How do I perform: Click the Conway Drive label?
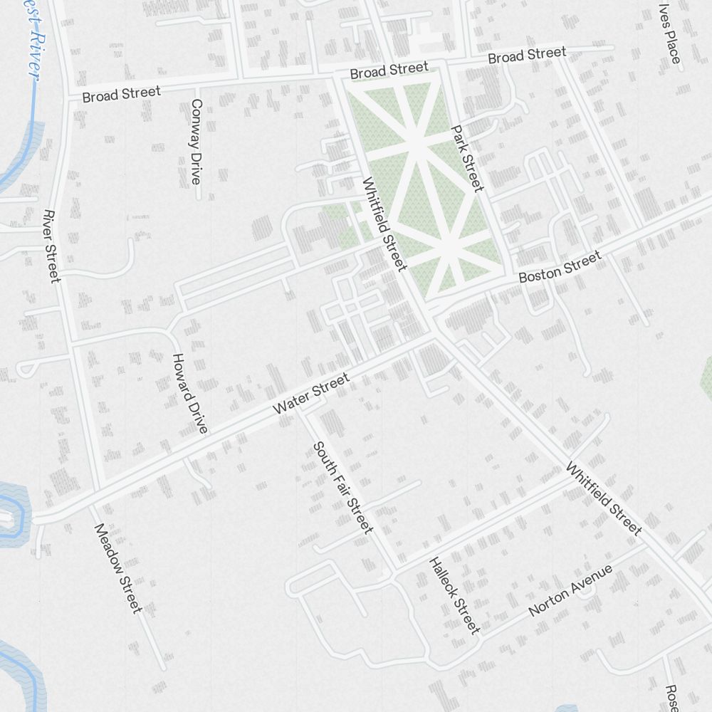coord(194,142)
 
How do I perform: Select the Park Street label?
coord(467,159)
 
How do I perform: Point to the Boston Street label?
coord(560,268)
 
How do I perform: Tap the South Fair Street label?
coord(342,487)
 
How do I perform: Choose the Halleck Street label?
coord(454,595)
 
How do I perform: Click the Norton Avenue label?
coord(570,591)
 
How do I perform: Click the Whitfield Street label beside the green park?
coord(384,224)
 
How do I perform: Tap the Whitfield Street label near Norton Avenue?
coord(604,498)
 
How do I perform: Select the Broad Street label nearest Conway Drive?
coord(121,93)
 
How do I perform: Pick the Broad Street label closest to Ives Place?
coord(527,55)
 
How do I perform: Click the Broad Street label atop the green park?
coord(389,70)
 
